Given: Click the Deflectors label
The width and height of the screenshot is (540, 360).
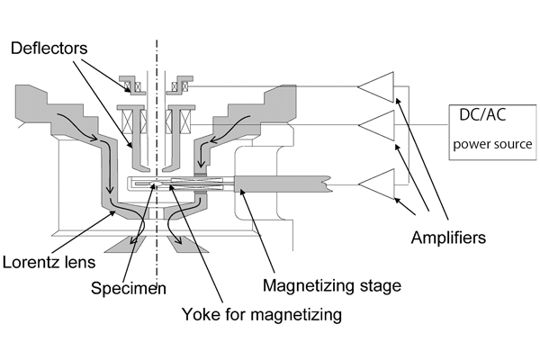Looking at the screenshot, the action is tap(49, 48).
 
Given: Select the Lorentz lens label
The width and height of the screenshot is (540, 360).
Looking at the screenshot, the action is tap(49, 262).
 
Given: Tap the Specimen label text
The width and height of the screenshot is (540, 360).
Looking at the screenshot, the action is tap(129, 288).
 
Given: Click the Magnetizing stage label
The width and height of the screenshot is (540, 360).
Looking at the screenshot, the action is tap(332, 285).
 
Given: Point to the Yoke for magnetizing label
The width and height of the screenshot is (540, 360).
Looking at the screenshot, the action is tap(262, 314).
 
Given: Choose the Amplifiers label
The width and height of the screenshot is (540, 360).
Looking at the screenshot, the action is tap(448, 238).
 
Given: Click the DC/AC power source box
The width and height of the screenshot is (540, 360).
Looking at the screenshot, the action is tap(492, 132).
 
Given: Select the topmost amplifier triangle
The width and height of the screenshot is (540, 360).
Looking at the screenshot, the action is tap(376, 87).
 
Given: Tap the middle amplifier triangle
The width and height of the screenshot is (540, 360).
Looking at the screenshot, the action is tap(376, 125).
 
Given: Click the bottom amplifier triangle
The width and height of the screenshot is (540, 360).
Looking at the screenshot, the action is tap(376, 184).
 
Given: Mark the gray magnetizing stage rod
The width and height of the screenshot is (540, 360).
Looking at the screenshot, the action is tap(282, 184).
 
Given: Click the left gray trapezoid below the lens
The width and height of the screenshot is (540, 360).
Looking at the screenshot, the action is tap(126, 244).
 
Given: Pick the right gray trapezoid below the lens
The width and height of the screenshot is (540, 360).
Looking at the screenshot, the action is tap(188, 244).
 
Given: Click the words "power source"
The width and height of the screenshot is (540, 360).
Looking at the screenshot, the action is tap(492, 144).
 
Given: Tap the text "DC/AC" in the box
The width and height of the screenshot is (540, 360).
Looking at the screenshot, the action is tap(482, 114).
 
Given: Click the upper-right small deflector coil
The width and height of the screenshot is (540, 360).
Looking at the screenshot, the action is tap(180, 86).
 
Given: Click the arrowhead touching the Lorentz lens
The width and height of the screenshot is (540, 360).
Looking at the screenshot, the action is tap(113, 213).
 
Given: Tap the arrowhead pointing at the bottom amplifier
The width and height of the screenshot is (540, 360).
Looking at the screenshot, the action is tap(397, 200).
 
